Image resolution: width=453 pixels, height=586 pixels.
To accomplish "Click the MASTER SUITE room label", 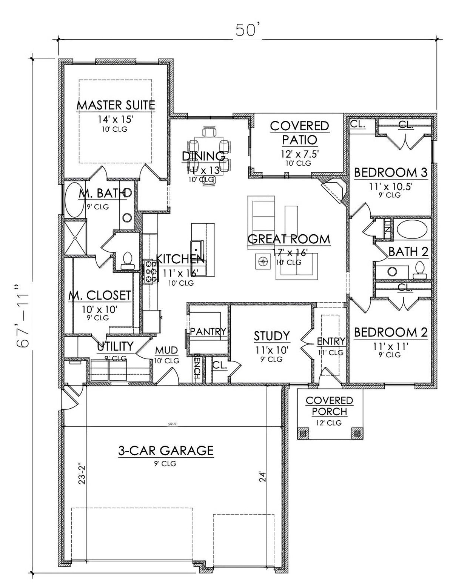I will pos(116,105).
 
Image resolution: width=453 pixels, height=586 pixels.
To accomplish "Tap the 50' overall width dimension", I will pos(246,31).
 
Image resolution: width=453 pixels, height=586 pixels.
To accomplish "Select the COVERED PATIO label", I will pos(299,133).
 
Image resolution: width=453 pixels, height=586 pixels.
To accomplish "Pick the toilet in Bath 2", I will pos(418,271).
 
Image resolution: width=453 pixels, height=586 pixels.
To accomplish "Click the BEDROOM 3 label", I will pos(390,173).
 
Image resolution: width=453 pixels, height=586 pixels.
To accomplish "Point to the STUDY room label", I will pos(271,335).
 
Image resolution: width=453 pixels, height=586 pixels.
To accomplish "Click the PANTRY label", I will pos(208,331).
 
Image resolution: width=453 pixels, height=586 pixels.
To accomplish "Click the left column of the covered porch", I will pos(302,433).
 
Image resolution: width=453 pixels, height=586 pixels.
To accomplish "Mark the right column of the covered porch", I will pos(356,433).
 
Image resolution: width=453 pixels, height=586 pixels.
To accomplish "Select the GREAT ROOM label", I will pos(289,239).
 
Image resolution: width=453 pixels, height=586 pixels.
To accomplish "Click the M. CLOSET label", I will pos(100,295).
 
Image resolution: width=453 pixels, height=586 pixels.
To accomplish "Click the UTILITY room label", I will pos(115,346).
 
